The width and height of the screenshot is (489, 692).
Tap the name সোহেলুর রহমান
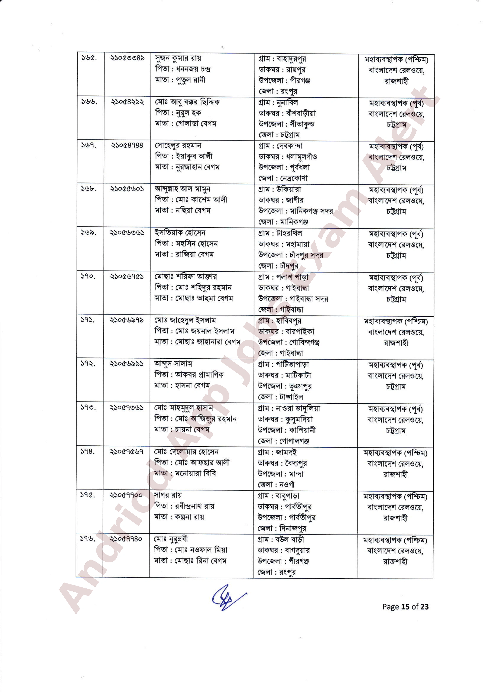click(x=178, y=146)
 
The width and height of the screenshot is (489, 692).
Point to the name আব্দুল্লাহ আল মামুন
click(x=182, y=189)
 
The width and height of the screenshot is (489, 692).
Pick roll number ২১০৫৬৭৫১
click(x=127, y=276)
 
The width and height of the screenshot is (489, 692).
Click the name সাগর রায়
click(x=168, y=495)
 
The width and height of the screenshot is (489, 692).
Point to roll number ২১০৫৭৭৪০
click(x=126, y=539)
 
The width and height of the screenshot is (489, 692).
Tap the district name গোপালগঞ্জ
click(x=294, y=441)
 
